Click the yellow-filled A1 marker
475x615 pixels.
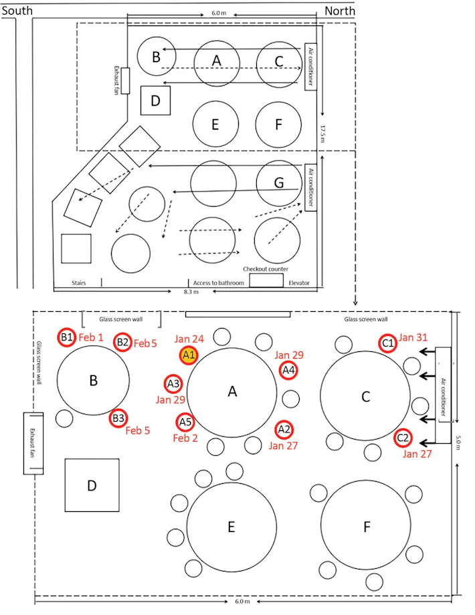pyautogui.click(x=188, y=355)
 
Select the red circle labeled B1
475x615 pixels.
pyautogui.click(x=66, y=337)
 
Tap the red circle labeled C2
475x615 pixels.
pyautogui.click(x=403, y=438)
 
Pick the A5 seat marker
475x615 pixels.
pyautogui.click(x=185, y=422)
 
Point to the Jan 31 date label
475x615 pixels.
pyautogui.click(x=413, y=337)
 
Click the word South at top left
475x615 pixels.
pyautogui.click(x=17, y=11)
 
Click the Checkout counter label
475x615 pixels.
pyautogui.click(x=266, y=269)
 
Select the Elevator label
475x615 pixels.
pyautogui.click(x=299, y=283)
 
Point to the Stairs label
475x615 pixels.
pyautogui.click(x=79, y=283)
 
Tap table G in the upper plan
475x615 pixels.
pyautogui.click(x=279, y=183)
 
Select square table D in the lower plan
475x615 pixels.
pyautogui.click(x=92, y=485)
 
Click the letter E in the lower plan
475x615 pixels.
pyautogui.click(x=231, y=527)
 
